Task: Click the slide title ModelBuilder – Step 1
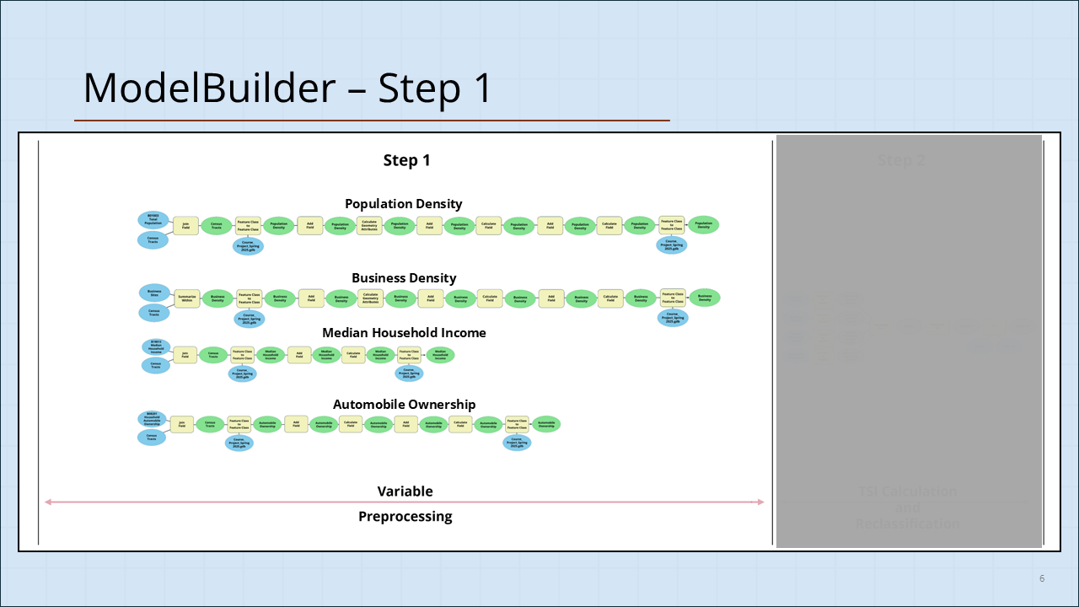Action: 287,88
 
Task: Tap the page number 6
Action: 1042,578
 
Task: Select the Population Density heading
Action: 403,204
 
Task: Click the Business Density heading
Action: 404,278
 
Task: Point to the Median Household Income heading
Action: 404,333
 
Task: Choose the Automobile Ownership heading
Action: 404,405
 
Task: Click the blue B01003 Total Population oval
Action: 153,219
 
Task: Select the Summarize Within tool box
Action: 186,298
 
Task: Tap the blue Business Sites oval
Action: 153,292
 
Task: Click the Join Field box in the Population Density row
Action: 185,225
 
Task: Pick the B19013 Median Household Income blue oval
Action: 155,346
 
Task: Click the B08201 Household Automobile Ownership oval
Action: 152,418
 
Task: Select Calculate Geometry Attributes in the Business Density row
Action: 369,298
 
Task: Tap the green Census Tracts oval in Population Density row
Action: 216,225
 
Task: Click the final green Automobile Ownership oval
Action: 546,424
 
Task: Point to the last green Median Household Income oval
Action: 440,355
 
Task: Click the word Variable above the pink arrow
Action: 405,492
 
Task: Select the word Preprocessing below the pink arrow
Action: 405,517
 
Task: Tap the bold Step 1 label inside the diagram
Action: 406,160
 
